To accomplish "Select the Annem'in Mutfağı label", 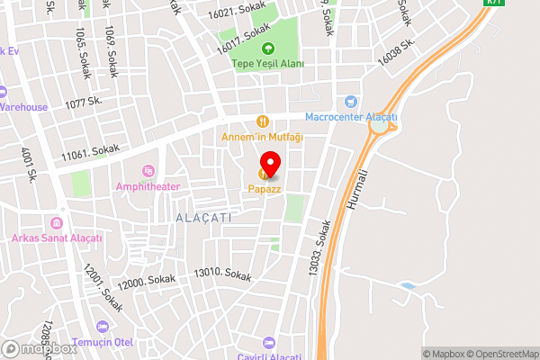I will coord(263,137).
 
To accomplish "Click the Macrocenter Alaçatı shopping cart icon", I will coord(351,103).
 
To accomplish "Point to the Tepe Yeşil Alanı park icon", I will coord(265,49).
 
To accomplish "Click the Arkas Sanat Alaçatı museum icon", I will coord(58,223).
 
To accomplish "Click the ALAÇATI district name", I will coord(203,218).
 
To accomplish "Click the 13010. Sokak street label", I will coord(222,274).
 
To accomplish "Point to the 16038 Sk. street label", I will coord(395,51).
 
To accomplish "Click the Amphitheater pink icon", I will coord(148,171).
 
